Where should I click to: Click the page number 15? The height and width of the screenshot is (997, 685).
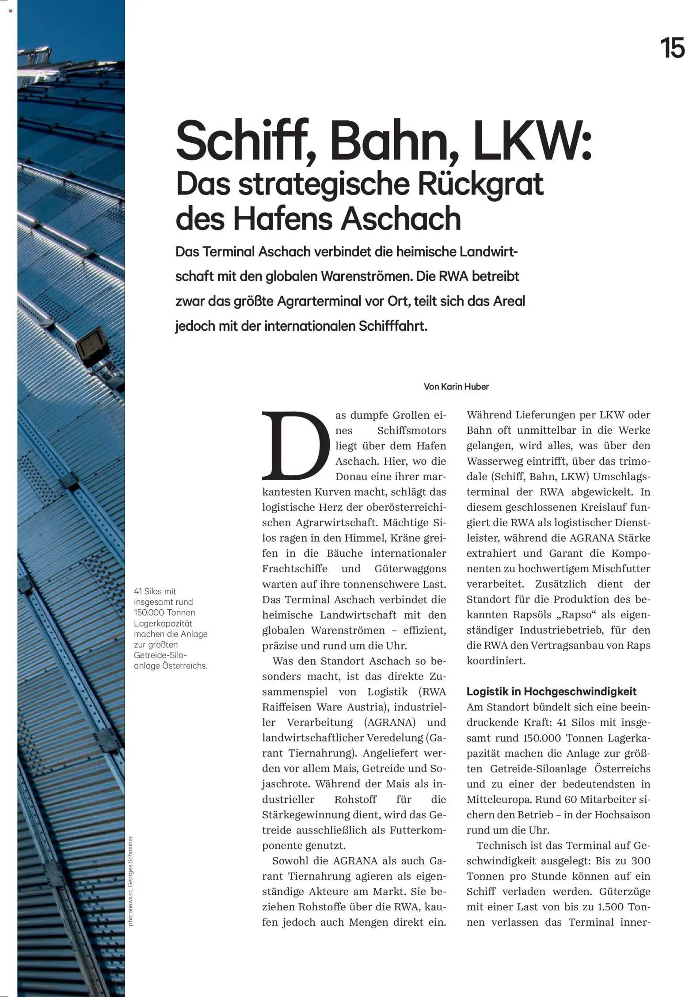tap(672, 48)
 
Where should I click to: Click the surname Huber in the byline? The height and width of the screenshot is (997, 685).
tap(477, 387)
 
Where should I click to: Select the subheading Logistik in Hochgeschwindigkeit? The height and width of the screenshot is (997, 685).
tap(552, 691)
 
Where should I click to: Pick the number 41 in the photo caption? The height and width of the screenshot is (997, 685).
tap(139, 592)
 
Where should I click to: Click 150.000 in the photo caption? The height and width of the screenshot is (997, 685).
tap(148, 613)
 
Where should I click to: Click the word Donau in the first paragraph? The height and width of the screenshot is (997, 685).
tap(350, 477)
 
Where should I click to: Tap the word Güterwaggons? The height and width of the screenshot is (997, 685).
tap(410, 569)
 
